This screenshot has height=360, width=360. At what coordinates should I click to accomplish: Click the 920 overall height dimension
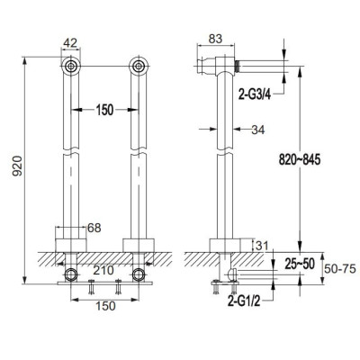(x=17, y=166)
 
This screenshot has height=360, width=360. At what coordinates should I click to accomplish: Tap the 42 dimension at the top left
(x=70, y=43)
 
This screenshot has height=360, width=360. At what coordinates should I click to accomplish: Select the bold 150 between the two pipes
(x=104, y=110)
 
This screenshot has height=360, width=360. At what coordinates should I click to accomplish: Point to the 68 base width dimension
(x=94, y=228)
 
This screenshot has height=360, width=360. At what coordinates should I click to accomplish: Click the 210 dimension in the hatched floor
(x=103, y=270)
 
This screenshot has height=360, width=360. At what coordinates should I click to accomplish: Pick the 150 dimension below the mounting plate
(x=105, y=306)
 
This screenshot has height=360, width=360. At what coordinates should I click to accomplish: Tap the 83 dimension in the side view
(x=215, y=39)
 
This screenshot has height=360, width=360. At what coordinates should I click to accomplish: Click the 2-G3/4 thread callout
(x=255, y=94)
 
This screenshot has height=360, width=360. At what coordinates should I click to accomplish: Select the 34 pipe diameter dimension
(x=258, y=130)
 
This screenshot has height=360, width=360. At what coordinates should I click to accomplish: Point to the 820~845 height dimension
(x=300, y=159)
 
